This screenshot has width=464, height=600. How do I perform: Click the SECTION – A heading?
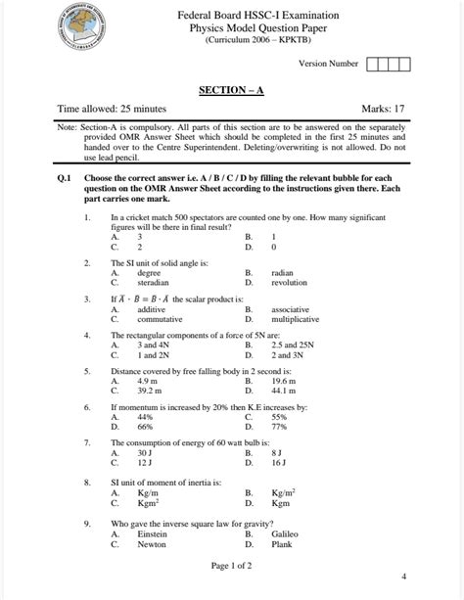pyautogui.click(x=231, y=90)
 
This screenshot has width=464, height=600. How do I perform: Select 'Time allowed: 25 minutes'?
pyautogui.click(x=112, y=108)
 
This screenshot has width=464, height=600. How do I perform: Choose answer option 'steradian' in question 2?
pyautogui.click(x=154, y=283)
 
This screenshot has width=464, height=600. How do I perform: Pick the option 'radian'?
pyautogui.click(x=282, y=273)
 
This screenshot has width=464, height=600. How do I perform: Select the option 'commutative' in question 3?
pyautogui.click(x=160, y=319)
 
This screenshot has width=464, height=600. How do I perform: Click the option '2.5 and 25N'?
pyautogui.click(x=292, y=345)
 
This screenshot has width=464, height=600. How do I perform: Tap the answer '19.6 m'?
pyautogui.click(x=285, y=382)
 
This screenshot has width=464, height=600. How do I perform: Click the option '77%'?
pyautogui.click(x=279, y=427)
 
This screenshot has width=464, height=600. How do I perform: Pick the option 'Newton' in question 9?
pyautogui.click(x=152, y=544)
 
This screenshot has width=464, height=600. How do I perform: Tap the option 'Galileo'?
pyautogui.click(x=285, y=534)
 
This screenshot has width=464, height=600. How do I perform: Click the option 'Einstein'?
pyautogui.click(x=154, y=534)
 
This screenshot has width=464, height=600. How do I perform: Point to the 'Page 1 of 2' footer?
pyautogui.click(x=231, y=566)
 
